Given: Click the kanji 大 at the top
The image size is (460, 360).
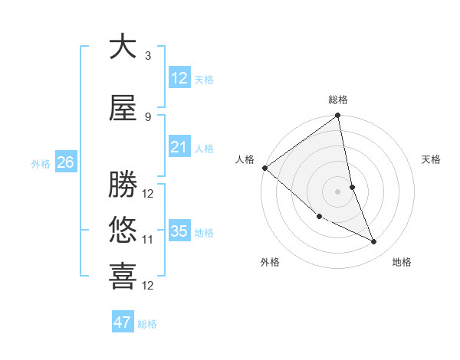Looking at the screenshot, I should point(123,47).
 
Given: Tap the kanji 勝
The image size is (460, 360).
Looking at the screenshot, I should point(123,184).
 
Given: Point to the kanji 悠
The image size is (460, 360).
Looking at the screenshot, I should point(123,230).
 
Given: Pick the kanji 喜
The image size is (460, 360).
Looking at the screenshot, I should point(123,277).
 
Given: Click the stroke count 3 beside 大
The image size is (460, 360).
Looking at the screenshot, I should point(147,56).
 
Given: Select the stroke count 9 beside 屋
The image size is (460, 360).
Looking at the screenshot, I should point(147,117).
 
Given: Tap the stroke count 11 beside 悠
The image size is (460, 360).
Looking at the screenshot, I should point(148,240).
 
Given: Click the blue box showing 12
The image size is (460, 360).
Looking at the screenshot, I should point(179,78).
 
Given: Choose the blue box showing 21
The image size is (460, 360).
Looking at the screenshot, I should point(179,147).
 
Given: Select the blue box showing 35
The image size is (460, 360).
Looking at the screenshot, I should point(179,231).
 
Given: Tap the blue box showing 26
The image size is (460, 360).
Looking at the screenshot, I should point(66,162).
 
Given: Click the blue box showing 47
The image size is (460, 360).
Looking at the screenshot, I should point(123,322).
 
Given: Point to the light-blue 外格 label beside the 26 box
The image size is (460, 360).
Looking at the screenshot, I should point(41,163).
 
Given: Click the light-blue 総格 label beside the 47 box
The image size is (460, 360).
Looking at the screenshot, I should point(147,324).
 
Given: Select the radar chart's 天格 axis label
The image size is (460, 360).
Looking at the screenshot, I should point(432,159).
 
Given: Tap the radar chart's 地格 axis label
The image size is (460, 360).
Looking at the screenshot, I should point(402,262).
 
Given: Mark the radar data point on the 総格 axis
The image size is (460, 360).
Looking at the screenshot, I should point(337,116).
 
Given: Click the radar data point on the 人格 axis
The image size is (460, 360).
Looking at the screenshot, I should point(264,168).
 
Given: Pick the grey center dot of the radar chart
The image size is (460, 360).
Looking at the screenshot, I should point(337,191).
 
